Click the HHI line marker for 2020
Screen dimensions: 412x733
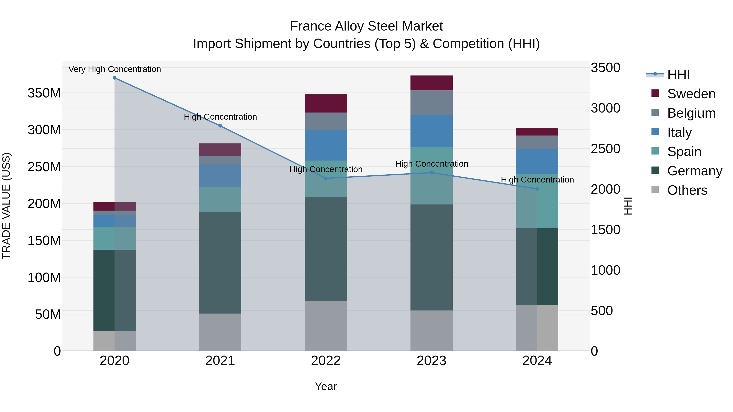click(114, 78)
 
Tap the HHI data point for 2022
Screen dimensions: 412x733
click(326, 178)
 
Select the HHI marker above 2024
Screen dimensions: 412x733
click(537, 189)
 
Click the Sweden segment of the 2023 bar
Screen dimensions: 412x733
click(431, 83)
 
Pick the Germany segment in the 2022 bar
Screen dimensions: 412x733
click(326, 249)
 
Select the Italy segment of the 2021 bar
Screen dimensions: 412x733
click(220, 175)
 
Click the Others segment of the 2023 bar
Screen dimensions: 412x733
click(431, 330)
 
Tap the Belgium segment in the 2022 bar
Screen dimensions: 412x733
click(326, 121)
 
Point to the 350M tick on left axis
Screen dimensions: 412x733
click(44, 93)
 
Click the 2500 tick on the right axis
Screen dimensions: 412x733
click(605, 149)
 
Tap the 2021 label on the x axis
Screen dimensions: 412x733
click(220, 361)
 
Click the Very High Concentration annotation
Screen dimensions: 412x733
click(115, 69)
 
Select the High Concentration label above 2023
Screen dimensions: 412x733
click(431, 164)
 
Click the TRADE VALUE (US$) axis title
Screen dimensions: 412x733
click(6, 206)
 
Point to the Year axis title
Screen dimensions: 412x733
click(326, 386)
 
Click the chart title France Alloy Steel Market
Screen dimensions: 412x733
click(366, 26)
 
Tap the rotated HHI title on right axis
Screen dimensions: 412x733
click(628, 206)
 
